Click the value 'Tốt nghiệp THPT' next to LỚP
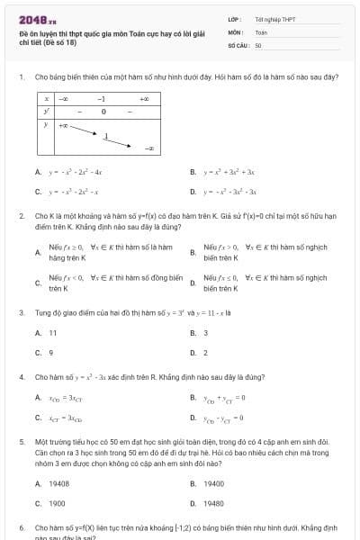tap(274, 18)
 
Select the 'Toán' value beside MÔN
tap(261, 31)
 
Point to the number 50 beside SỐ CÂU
tap(258, 44)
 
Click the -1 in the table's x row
tap(103, 99)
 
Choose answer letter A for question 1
tap(37, 171)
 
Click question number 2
tap(21, 216)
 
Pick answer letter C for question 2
tap(37, 283)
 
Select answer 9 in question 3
tap(51, 353)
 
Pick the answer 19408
tap(58, 483)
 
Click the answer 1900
tap(57, 504)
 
